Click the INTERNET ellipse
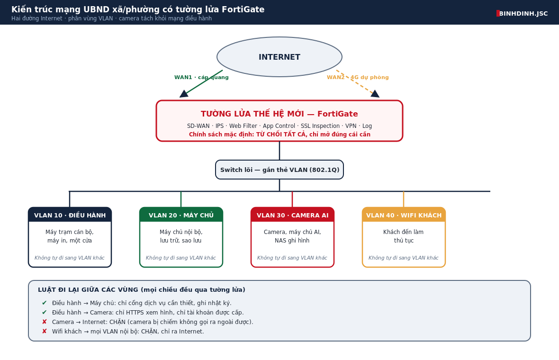[x=279, y=57]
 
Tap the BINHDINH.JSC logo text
[x=523, y=14]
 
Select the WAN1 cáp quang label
[x=201, y=77]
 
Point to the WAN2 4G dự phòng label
[x=358, y=77]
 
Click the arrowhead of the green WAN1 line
[x=184, y=94]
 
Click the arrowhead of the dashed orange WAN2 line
[x=375, y=94]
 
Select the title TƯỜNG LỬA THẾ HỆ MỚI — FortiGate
[x=279, y=114]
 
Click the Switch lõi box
[x=279, y=170]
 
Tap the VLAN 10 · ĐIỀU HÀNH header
[x=70, y=215]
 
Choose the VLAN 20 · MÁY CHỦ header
[x=181, y=215]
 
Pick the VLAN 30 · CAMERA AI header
[x=292, y=215]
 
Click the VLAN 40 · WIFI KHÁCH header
[x=404, y=215]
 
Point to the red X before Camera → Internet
[x=45, y=322]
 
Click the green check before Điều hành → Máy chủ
[x=45, y=303]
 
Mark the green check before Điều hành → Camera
[x=45, y=312]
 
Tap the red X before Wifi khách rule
[x=45, y=331]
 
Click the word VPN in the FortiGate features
[x=351, y=126]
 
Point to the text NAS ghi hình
[x=292, y=241]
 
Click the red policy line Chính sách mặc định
[x=279, y=135]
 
